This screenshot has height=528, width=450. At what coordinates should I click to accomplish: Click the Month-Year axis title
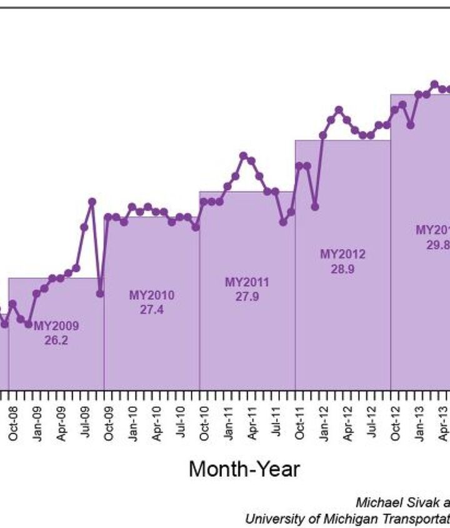(x=244, y=469)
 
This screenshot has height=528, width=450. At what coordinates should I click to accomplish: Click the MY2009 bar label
(x=56, y=326)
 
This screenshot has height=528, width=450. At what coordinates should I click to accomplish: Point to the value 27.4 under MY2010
(x=152, y=310)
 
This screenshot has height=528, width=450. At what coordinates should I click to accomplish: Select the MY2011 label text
(x=247, y=282)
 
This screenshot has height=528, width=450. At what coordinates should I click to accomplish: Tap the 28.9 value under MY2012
(x=342, y=269)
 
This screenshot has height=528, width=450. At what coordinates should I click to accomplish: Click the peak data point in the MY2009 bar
(x=92, y=202)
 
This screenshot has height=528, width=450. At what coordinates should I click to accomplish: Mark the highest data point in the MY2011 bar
(x=244, y=156)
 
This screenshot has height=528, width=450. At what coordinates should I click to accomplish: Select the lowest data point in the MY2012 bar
(x=315, y=206)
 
